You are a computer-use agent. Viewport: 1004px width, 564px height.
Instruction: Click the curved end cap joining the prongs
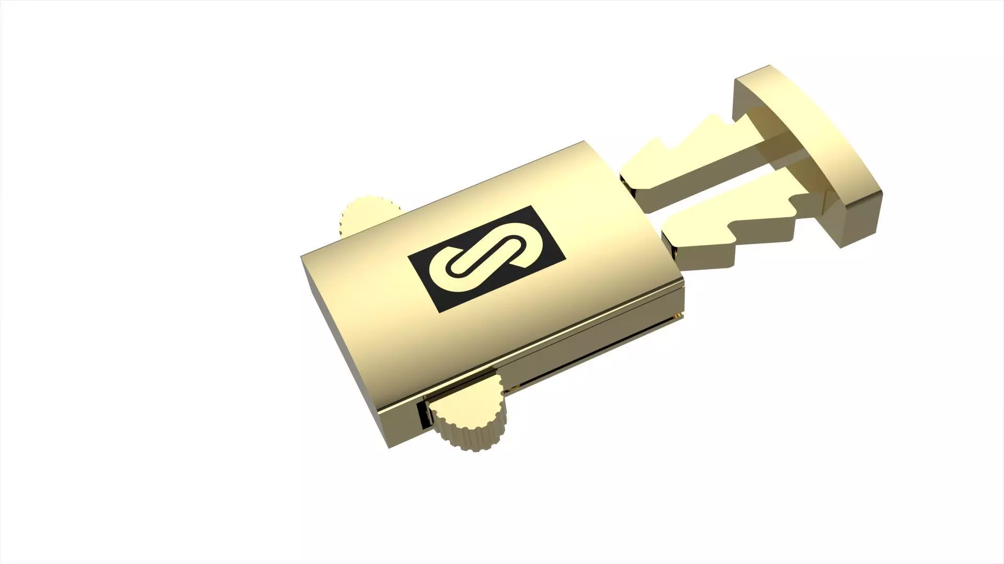click(x=816, y=141)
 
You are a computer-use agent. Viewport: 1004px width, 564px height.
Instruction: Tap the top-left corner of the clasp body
click(x=302, y=256)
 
